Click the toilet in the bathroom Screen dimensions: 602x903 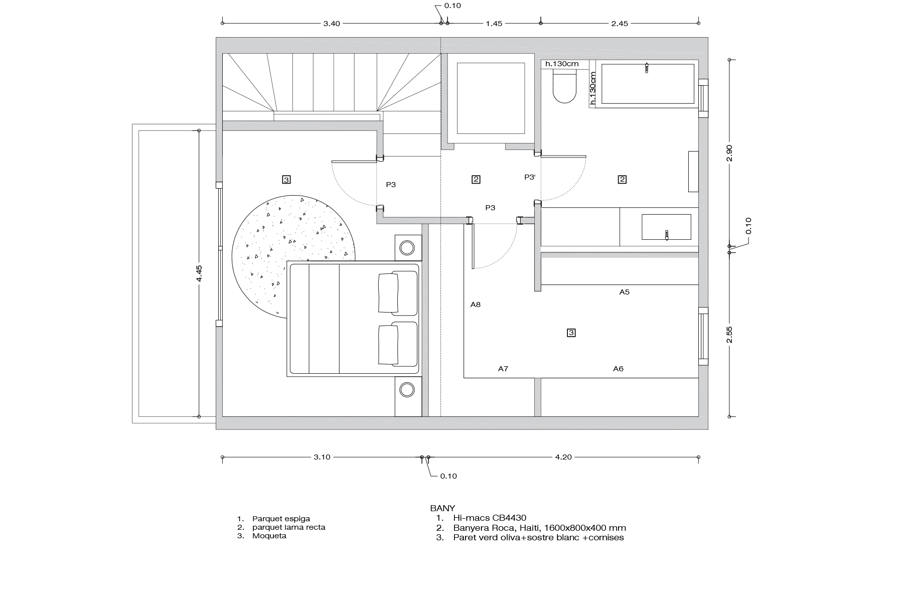pos(564,88)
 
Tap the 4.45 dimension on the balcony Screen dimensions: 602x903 pos(199,273)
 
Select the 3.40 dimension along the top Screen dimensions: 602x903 pos(332,24)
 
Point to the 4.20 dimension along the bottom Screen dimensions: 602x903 pos(563,457)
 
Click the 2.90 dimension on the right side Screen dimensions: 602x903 pos(730,153)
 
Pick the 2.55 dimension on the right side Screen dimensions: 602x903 pos(730,334)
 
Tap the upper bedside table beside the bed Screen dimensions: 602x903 pos(407,247)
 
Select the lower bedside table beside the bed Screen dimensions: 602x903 pos(407,390)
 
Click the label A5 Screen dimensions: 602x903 pos(624,291)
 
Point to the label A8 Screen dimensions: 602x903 pos(476,305)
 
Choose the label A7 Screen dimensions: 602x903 pos(503,369)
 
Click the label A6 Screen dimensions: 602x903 pos(618,369)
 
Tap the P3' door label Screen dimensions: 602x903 pos(530,177)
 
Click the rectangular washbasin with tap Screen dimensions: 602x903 pos(666,227)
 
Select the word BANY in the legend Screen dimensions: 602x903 pos(442,508)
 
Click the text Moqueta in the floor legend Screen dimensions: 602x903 pos(269,536)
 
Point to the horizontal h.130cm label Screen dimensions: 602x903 pos(562,64)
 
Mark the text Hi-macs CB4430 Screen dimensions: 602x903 pos(490,518)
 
